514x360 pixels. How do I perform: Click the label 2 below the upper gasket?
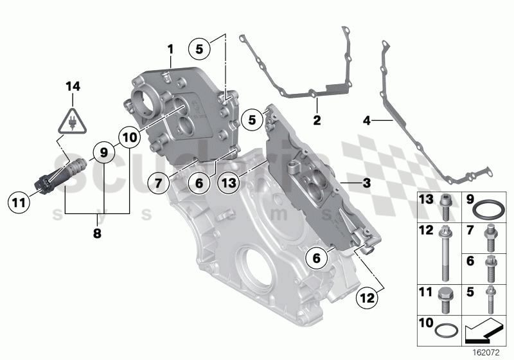pos(316,120)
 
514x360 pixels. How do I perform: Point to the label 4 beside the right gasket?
pos(367,120)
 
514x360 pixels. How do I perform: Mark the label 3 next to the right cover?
pos(366,184)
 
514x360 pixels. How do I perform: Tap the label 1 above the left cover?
pos(170,49)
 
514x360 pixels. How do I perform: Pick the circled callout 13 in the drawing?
pos(229,184)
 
